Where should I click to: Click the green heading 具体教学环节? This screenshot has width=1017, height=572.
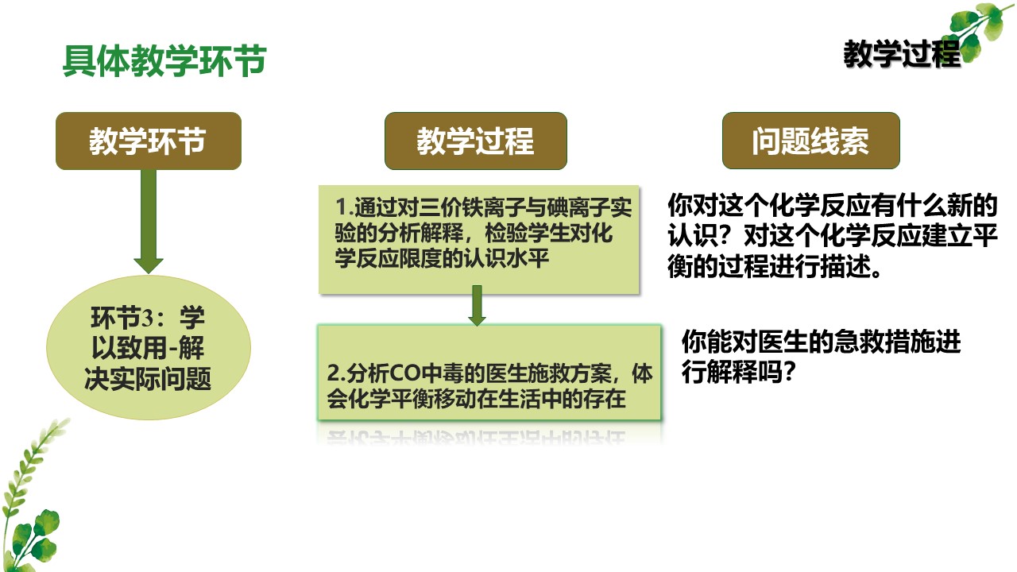(x=164, y=60)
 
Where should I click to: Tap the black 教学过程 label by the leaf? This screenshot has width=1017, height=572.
(x=902, y=54)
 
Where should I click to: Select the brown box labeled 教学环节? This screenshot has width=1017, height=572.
(x=149, y=141)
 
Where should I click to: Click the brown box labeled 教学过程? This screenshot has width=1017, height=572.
(x=476, y=141)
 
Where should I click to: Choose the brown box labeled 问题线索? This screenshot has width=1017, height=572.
(x=811, y=141)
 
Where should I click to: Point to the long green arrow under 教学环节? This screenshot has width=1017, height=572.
(x=149, y=222)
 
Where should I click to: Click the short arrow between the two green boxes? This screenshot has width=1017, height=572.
(x=477, y=306)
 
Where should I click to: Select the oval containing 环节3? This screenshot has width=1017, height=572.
(x=149, y=348)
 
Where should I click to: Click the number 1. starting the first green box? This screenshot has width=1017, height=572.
(x=345, y=207)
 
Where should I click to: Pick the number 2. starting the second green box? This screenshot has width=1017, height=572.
(x=336, y=374)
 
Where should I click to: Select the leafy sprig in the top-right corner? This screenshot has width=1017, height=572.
(x=980, y=31)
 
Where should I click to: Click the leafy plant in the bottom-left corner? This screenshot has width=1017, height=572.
(x=31, y=495)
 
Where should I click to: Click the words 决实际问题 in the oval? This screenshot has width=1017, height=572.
(x=148, y=379)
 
